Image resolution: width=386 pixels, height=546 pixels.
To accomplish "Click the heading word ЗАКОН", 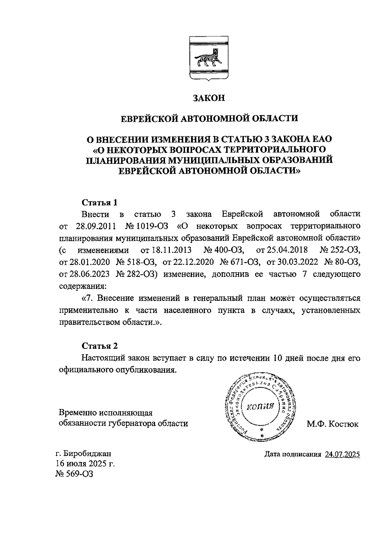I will click(208, 98).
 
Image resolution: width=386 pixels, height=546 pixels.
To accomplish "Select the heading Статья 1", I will click(99, 203).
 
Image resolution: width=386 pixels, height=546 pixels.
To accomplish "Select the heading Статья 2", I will click(99, 346).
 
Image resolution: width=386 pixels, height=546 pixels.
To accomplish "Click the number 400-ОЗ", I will click(229, 250).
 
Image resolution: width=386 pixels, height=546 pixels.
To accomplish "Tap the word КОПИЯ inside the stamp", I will click(260, 406).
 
